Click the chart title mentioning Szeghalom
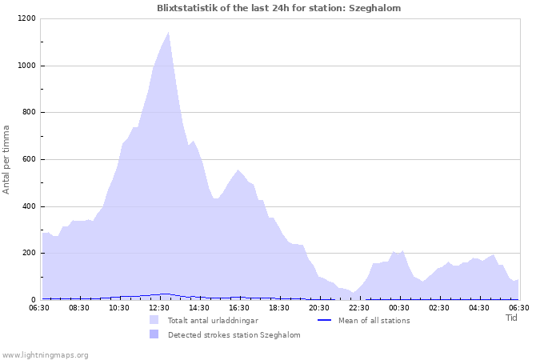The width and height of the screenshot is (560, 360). (279, 8)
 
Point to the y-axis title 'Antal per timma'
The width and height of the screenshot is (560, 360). (6, 158)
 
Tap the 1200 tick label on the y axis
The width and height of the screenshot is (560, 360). (26, 18)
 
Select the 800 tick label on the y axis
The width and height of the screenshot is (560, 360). (29, 113)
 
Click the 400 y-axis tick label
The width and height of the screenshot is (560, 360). (29, 206)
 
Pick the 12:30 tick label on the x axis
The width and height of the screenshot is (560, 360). (159, 307)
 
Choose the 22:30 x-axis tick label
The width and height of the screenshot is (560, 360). (359, 307)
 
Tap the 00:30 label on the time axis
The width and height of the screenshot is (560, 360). (399, 307)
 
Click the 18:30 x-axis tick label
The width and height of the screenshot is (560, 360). (279, 307)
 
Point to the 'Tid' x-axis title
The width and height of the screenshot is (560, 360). (511, 318)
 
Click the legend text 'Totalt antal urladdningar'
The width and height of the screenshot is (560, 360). (213, 321)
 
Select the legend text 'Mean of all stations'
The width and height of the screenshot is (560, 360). (374, 321)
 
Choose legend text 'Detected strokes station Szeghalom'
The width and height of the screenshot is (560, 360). (234, 335)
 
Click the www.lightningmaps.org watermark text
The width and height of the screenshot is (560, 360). (45, 354)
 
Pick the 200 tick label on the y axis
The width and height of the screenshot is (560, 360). (29, 254)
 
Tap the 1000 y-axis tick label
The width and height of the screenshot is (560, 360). (26, 66)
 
